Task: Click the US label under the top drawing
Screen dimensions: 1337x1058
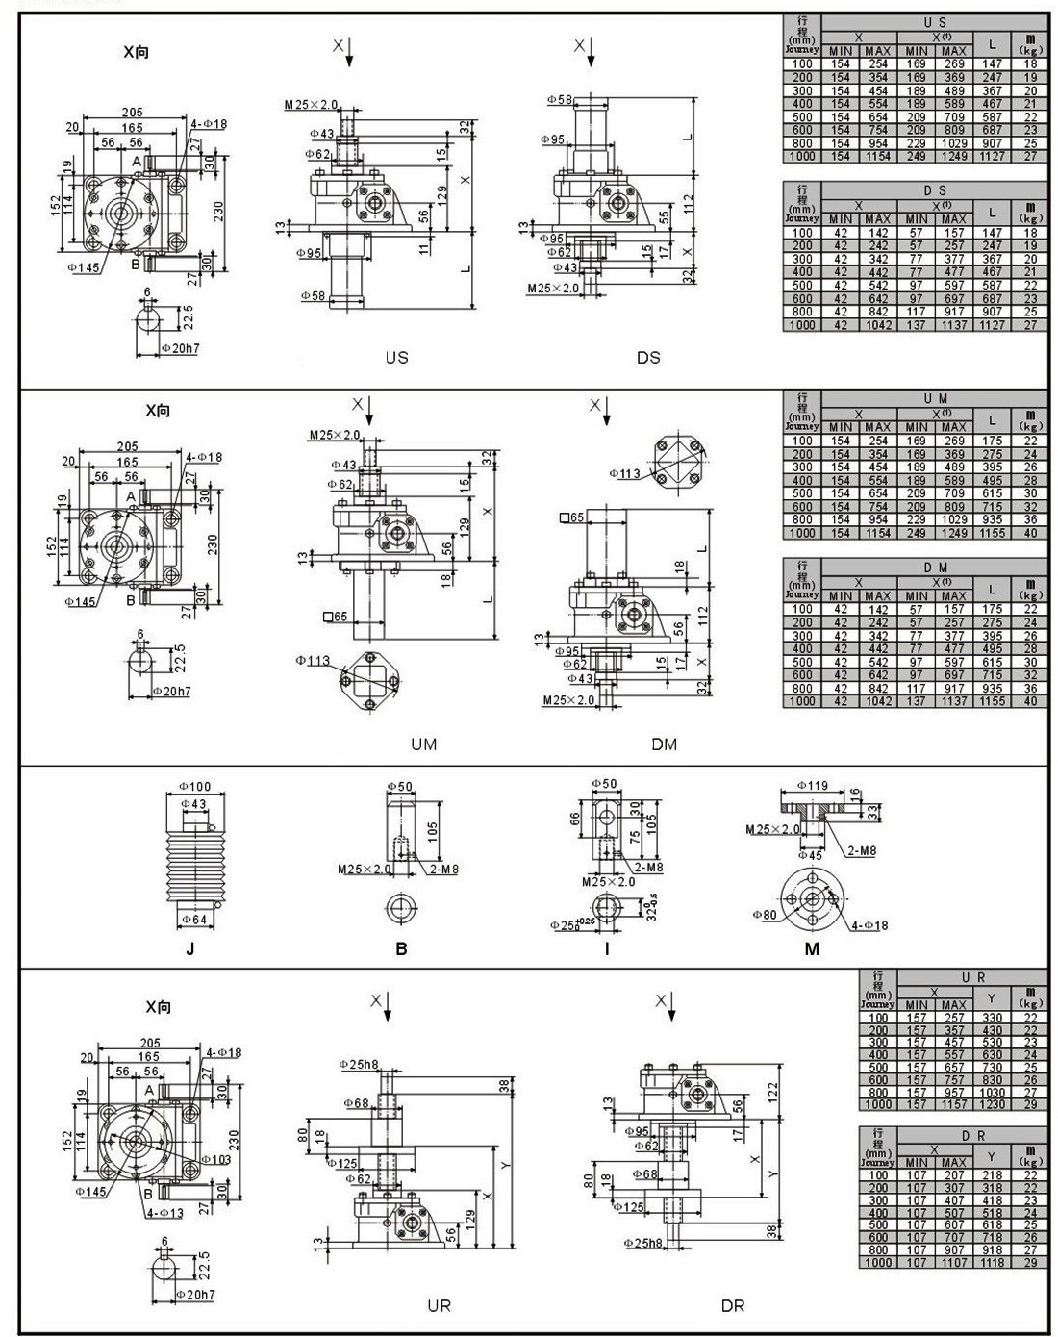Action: (396, 357)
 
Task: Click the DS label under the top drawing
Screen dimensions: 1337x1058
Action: (648, 357)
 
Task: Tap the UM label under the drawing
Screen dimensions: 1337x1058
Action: (423, 744)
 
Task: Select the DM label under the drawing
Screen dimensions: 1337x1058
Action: (664, 744)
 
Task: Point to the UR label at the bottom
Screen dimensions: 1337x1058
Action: (439, 1305)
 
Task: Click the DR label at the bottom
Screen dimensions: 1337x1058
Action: (733, 1305)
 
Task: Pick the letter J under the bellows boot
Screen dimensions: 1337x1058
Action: (190, 948)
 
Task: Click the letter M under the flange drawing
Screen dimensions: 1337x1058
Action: (812, 948)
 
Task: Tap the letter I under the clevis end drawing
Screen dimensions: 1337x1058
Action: (607, 948)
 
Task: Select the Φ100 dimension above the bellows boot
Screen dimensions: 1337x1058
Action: (195, 787)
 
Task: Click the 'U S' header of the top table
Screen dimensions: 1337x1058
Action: (934, 22)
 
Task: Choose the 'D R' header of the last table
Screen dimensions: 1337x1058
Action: (971, 1135)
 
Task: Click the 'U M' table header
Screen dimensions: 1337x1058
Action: (934, 398)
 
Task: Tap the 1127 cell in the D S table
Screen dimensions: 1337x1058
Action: (992, 325)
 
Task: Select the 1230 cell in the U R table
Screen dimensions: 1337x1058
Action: (991, 1104)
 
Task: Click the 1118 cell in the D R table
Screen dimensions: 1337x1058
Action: (991, 1262)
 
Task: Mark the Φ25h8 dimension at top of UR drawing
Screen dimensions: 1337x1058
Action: (360, 1064)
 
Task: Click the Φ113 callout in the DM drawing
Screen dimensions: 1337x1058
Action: (626, 472)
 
